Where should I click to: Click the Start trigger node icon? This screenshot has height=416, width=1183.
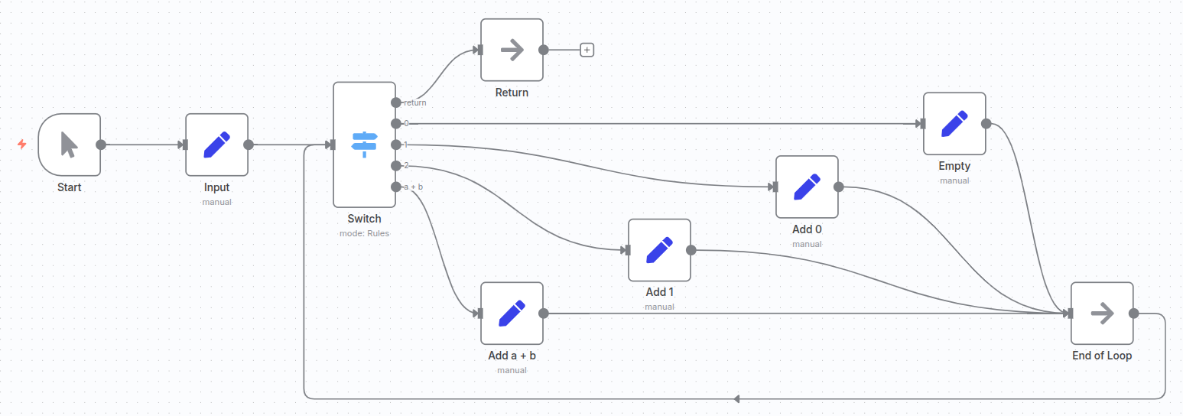tap(69, 145)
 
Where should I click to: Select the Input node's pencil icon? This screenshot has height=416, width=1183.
tap(217, 145)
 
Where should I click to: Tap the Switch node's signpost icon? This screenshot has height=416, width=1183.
tap(365, 145)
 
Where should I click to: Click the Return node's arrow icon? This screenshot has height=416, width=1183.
tap(512, 50)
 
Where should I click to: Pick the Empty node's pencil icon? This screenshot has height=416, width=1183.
tap(954, 124)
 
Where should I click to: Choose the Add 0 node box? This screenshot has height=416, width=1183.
tap(807, 187)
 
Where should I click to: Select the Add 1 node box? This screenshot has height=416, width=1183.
tap(659, 250)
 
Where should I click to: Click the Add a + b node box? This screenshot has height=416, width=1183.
tap(512, 314)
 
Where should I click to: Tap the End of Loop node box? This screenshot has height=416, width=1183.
tap(1102, 314)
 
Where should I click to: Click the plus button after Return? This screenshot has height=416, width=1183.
tap(587, 50)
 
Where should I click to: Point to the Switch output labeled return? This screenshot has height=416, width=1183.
tap(395, 102)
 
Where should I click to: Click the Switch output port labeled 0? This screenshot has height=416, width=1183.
tap(395, 123)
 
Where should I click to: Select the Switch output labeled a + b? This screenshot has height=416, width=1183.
tap(395, 187)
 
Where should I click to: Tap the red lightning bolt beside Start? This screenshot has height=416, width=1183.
tap(22, 144)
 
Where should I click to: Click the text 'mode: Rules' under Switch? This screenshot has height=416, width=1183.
tap(364, 233)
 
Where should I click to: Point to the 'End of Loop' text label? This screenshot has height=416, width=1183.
tap(1102, 356)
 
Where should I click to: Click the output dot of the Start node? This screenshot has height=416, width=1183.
tap(101, 145)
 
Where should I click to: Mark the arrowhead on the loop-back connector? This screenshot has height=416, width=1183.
tap(736, 398)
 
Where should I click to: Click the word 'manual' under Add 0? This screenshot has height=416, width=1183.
tap(807, 244)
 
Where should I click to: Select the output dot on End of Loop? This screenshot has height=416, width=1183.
tap(1134, 314)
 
